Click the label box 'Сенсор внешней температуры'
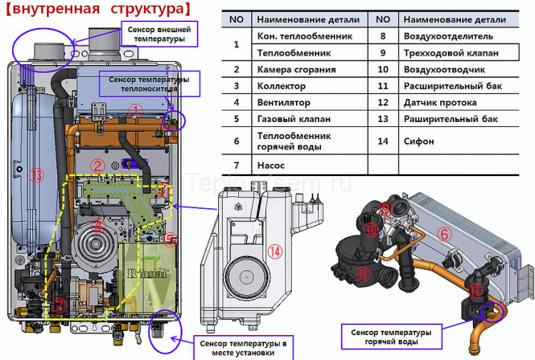160,34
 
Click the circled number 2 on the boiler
98,166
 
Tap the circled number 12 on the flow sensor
476,289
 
